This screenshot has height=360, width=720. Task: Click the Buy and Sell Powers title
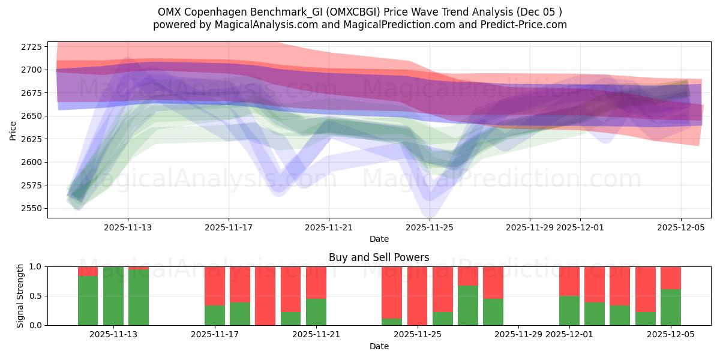pos(379,257)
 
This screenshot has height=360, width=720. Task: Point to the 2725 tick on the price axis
pos(30,47)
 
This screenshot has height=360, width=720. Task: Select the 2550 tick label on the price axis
pos(30,208)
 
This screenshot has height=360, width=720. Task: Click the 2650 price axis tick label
pos(30,116)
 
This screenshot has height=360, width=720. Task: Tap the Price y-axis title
pos(13,130)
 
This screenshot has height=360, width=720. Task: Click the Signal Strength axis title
pos(20,296)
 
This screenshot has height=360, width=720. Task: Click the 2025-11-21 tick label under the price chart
pos(329,227)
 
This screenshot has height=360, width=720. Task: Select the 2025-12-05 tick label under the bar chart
pos(671,334)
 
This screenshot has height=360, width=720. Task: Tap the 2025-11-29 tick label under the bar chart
pos(519,334)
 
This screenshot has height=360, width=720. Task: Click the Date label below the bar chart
pos(379,346)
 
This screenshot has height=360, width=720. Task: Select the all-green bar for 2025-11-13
pos(113,296)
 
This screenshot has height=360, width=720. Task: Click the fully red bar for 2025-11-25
pos(417,296)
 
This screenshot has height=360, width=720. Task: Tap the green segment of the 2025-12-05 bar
pos(671,307)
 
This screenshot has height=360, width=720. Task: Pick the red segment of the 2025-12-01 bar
pos(569,281)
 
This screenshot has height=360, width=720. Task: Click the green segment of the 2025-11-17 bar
pos(215,315)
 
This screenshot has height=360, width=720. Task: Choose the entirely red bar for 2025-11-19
pos(265,296)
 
